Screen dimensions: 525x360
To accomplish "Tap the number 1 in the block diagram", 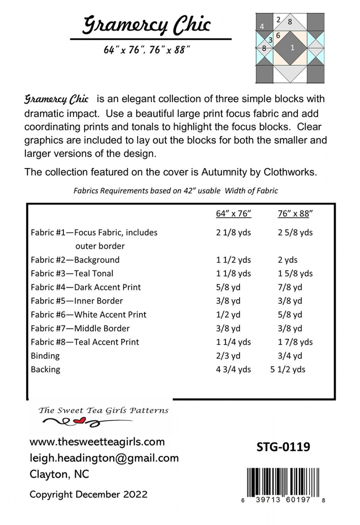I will [292, 48].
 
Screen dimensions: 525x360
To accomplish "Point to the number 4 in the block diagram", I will [262, 26].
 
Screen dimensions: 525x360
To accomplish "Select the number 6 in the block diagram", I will [278, 35].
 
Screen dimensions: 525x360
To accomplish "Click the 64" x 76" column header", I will [234, 213].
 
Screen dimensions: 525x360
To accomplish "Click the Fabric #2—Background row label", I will [75, 260].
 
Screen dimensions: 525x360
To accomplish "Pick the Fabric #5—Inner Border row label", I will [77, 301].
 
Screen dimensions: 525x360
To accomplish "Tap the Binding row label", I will [45, 356].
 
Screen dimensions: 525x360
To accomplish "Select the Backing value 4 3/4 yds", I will [233, 369].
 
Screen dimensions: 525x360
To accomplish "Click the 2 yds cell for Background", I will [288, 260].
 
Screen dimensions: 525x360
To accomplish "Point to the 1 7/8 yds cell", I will [295, 342].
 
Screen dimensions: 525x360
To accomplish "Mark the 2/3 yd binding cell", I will [228, 356].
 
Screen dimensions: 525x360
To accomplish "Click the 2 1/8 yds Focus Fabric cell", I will [233, 232].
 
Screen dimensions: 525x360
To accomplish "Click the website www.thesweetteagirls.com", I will [97, 442].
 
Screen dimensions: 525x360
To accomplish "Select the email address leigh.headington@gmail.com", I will [104, 458].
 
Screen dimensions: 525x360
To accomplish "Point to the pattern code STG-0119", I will [283, 447].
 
